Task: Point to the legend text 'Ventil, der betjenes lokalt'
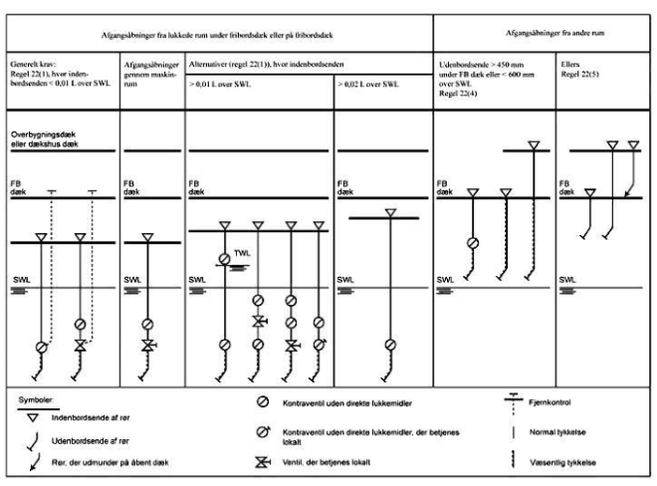pyautogui.click(x=332, y=464)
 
